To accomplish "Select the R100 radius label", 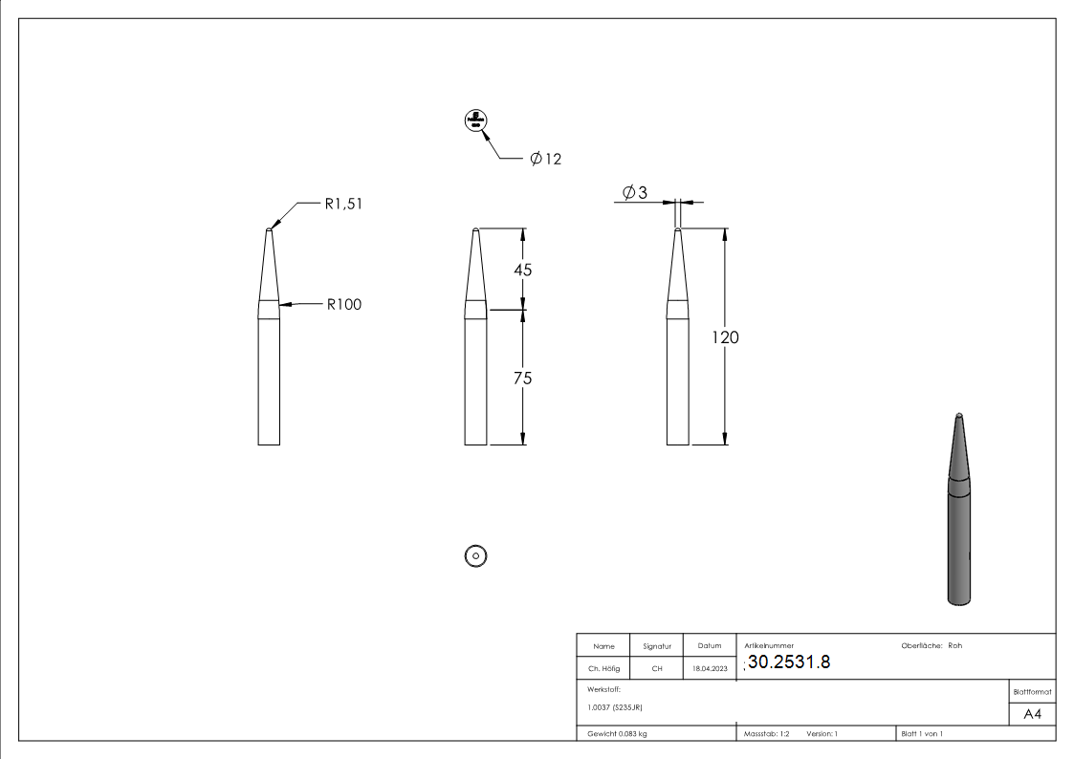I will click(x=343, y=305).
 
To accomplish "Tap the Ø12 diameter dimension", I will click(x=545, y=159).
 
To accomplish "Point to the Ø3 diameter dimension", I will click(x=634, y=193).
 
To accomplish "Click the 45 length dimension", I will click(x=522, y=271).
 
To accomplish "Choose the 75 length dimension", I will click(x=522, y=379).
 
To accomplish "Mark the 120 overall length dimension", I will click(x=725, y=337).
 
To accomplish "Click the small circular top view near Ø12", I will click(x=475, y=120).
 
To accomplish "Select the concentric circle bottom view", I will click(x=475, y=554).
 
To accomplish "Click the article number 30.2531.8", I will click(x=789, y=663).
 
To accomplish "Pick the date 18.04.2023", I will click(x=710, y=669).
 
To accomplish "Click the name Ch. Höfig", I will click(x=603, y=669).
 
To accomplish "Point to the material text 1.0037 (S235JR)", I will click(x=615, y=707).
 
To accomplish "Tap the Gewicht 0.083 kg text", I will click(x=617, y=734).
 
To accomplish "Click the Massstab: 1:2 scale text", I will click(x=766, y=734).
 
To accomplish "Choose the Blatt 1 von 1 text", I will click(x=922, y=734).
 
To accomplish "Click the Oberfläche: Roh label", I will click(x=932, y=645).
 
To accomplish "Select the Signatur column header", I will click(x=657, y=646).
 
